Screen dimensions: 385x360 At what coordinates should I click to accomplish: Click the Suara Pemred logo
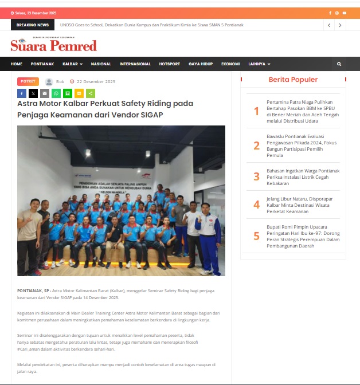tap(53, 45)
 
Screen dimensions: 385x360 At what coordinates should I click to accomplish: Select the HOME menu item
tap(17, 64)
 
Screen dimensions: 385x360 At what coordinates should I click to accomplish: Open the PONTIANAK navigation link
tap(42, 64)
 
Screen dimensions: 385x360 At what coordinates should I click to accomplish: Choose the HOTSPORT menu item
tap(169, 64)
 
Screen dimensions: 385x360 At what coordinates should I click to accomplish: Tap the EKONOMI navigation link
tap(230, 64)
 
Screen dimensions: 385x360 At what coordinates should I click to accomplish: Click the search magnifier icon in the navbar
tap(339, 64)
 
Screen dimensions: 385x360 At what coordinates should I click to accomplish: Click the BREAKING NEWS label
tap(33, 25)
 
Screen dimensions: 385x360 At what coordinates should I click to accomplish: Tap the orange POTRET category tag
tap(28, 82)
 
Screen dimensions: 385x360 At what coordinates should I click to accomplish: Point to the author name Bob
tap(60, 82)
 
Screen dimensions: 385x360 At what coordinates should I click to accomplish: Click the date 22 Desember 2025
tap(96, 82)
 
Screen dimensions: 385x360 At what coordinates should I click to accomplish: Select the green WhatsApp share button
tap(56, 93)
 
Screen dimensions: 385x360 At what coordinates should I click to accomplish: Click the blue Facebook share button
tap(22, 93)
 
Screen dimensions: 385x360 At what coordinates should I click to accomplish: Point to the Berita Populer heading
tap(293, 80)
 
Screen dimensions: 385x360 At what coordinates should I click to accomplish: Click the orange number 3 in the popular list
tap(257, 176)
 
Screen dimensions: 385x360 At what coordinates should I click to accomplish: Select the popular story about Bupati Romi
tap(303, 235)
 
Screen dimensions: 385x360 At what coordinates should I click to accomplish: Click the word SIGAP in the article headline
tap(151, 115)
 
